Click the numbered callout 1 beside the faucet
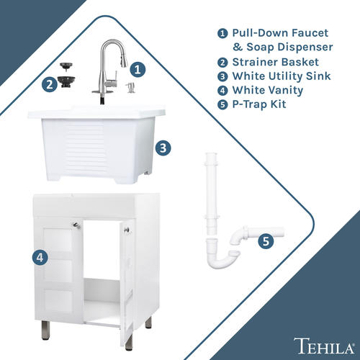(138, 70)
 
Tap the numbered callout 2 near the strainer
(50, 84)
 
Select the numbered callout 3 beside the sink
(163, 148)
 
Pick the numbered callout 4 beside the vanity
(40, 258)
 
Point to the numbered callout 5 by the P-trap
(266, 241)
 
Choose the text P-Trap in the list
(250, 104)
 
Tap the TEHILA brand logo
(325, 346)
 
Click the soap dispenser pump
(130, 88)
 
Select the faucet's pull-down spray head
(124, 62)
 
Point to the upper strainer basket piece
(64, 66)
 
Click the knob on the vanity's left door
(76, 225)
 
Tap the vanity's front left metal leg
(45, 330)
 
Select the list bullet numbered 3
(222, 76)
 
